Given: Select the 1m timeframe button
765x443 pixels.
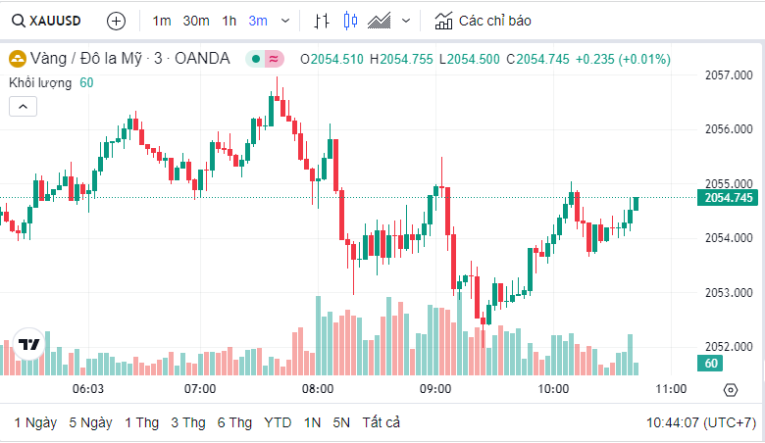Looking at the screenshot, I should coord(162,21).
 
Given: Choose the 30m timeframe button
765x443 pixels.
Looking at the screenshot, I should coord(196,21).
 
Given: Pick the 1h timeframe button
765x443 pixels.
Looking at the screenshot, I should coord(229,21).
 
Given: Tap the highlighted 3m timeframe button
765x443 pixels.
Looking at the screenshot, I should coord(258,21).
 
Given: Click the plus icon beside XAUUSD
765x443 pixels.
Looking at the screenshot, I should coord(116,21).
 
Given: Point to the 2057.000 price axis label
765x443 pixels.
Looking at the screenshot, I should coord(729,74).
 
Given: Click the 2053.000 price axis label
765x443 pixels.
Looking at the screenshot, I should coord(729,292).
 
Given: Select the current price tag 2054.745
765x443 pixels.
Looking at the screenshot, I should coord(729,198).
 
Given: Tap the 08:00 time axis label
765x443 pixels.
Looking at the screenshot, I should coord(318,389).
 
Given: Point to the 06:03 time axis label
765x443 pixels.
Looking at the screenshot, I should coord(88,389).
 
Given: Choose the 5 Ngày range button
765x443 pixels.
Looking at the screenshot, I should coord(90,422).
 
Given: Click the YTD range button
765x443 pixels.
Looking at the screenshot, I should coord(278,422).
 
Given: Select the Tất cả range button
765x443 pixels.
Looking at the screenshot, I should coord(382,422).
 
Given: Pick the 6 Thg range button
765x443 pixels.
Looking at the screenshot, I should coord(234,422).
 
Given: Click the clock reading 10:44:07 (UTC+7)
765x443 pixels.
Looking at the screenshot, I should coord(700,422).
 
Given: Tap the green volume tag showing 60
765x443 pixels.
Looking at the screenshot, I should coord(712,364).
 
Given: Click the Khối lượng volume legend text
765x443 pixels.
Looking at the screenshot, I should coord(40,82).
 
